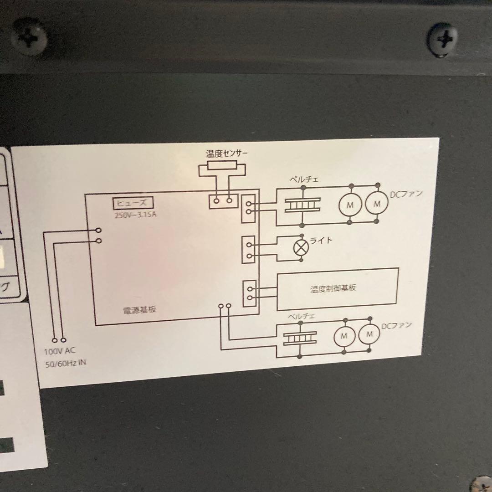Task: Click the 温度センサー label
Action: point(227,154)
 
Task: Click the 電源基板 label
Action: point(140,309)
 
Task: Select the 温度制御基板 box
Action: point(337,289)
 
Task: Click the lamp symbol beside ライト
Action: point(300,248)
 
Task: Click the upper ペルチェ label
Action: point(304,179)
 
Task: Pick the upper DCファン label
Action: point(406,194)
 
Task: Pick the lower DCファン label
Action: point(396,325)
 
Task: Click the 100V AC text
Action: point(59,351)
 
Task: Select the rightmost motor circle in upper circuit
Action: point(377,205)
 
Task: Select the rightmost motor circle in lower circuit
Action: point(369,335)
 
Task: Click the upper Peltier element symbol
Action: point(302,205)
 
